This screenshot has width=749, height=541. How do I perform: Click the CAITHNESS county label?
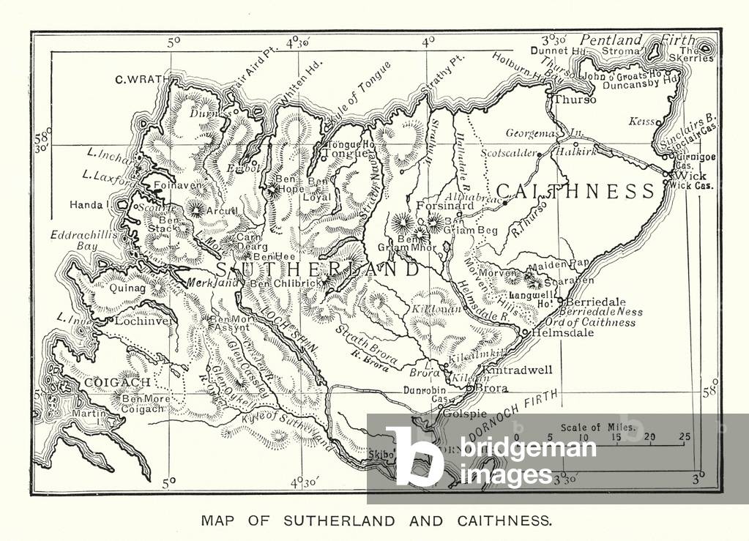[x=575, y=192]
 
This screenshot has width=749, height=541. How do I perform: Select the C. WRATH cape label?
[x=141, y=79]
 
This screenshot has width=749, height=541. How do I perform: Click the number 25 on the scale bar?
[x=684, y=437]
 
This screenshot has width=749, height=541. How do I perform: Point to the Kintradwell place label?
[x=518, y=370]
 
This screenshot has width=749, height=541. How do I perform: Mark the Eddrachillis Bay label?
[x=75, y=241]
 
